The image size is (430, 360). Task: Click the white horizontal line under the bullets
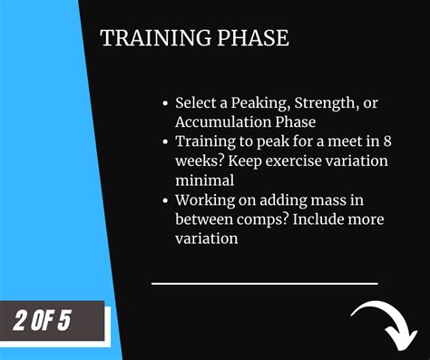263,282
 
